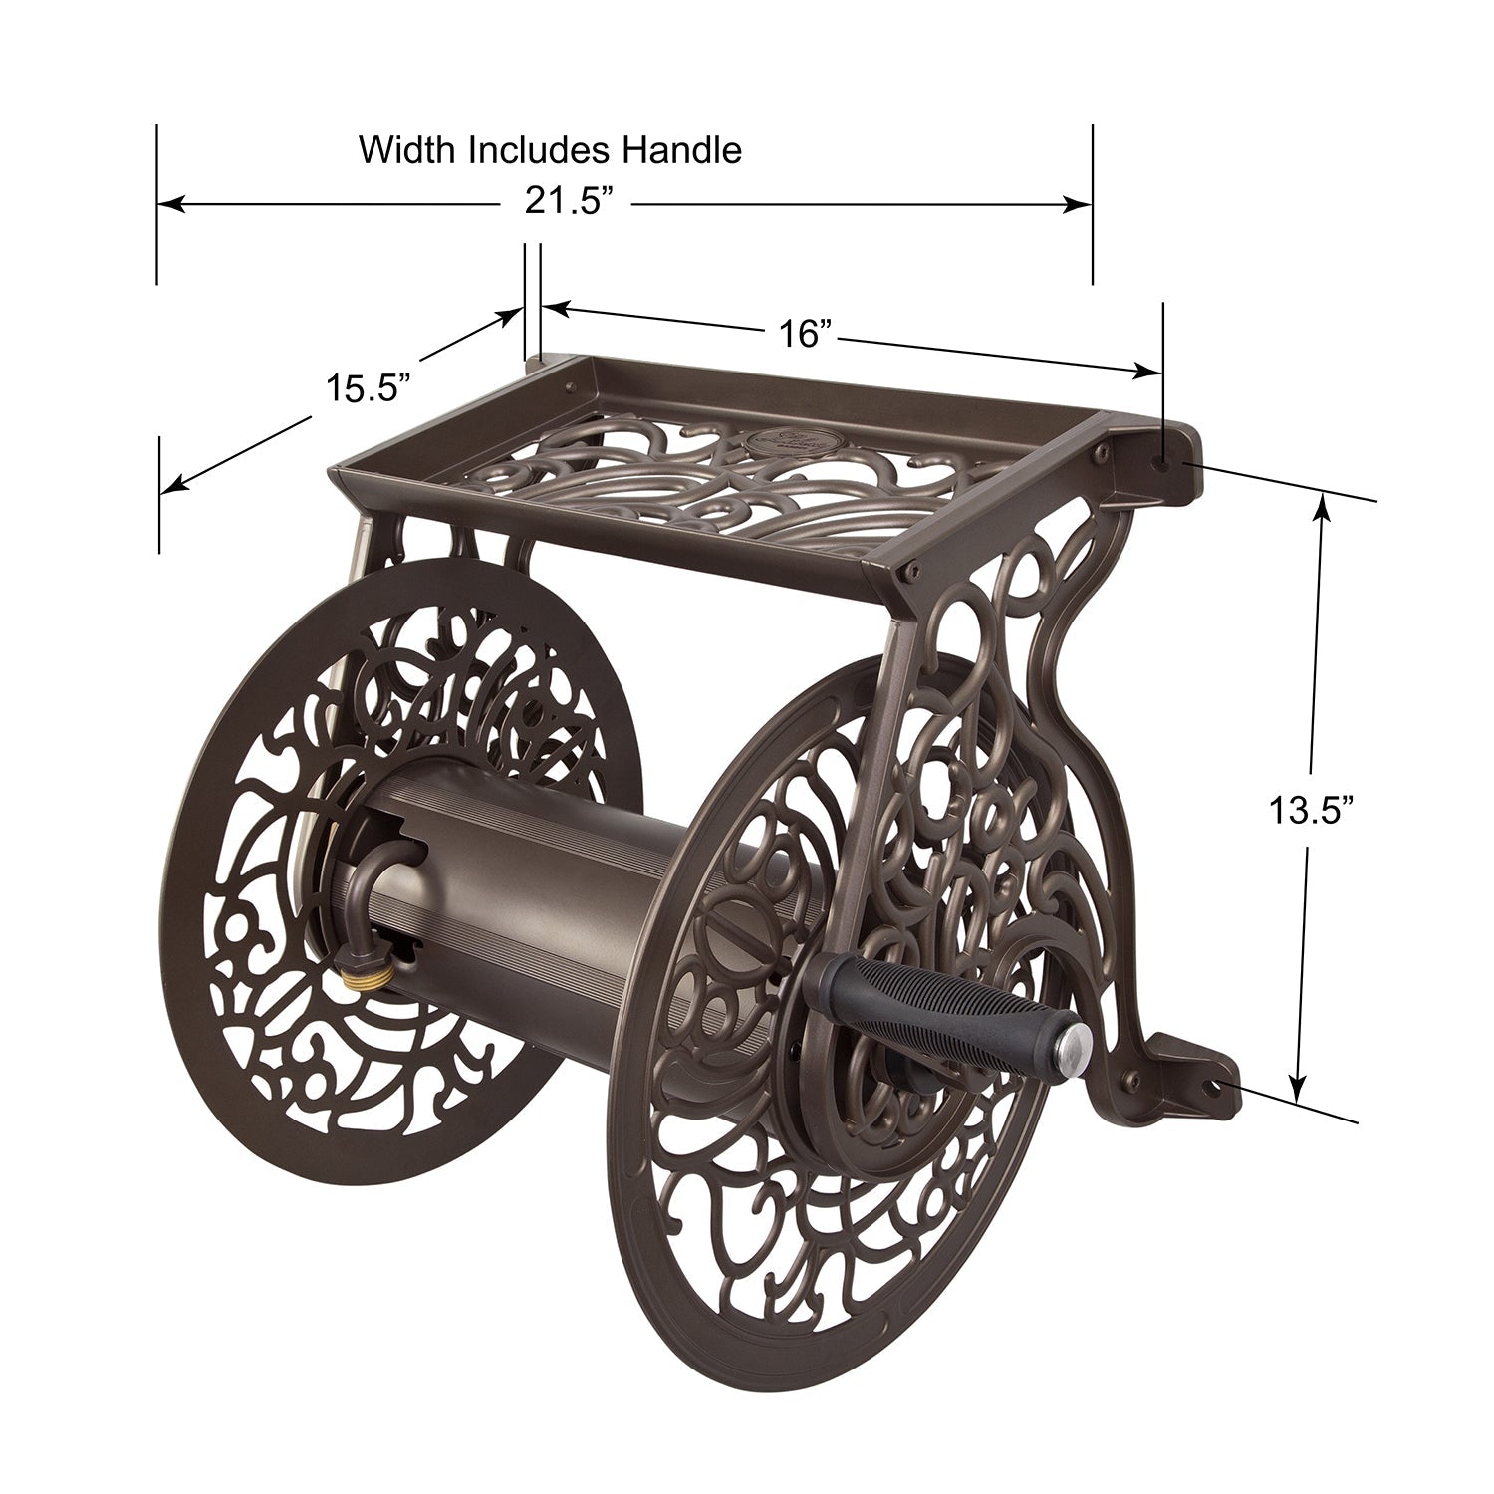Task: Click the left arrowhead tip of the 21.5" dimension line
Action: [159, 205]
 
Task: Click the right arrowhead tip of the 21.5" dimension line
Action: [1092, 205]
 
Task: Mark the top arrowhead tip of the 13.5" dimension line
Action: [1323, 494]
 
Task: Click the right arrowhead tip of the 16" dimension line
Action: [1161, 373]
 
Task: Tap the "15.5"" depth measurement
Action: [369, 385]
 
